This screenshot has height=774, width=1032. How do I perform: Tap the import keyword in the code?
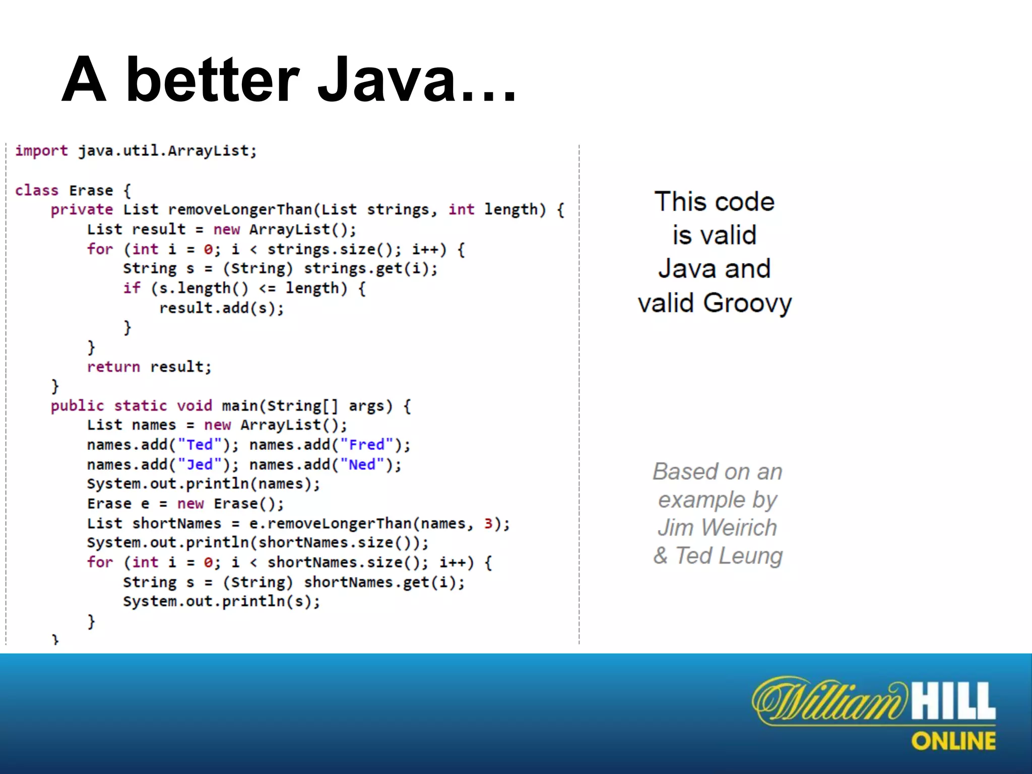pos(41,151)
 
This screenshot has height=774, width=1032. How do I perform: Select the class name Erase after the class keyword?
pos(91,190)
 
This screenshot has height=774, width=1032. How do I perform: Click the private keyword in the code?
pos(82,210)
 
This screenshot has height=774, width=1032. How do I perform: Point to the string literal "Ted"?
pos(200,445)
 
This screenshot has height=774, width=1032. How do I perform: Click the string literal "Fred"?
pos(367,445)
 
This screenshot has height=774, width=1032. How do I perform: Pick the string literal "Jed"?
pos(200,465)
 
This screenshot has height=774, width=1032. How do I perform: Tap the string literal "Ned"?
pos(362,465)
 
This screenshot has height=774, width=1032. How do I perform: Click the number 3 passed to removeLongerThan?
pos(488,524)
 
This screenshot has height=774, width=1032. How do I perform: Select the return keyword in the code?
pos(113,367)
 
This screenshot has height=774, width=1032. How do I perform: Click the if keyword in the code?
pos(132,288)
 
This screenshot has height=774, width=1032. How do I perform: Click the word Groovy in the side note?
pos(747,304)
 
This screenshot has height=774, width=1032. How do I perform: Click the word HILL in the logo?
pos(954,701)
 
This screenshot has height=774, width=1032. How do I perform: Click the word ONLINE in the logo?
pos(953,741)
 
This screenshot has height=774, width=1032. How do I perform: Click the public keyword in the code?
pos(78,406)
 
